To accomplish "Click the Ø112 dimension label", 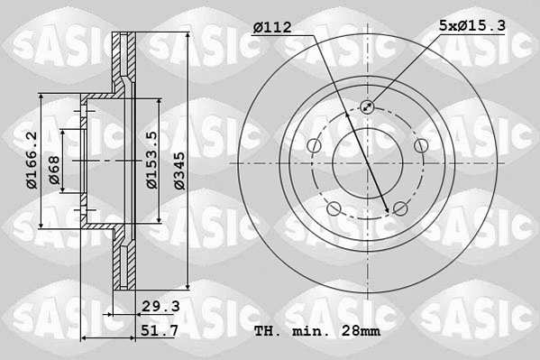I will (272, 28).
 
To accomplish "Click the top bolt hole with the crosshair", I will (367, 107).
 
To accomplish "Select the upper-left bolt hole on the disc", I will (314, 146).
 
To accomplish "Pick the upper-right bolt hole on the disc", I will (420, 146).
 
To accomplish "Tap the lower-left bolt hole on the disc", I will (334, 209).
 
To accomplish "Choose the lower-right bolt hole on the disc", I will (399, 209).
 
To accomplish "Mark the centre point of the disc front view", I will (367, 163).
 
